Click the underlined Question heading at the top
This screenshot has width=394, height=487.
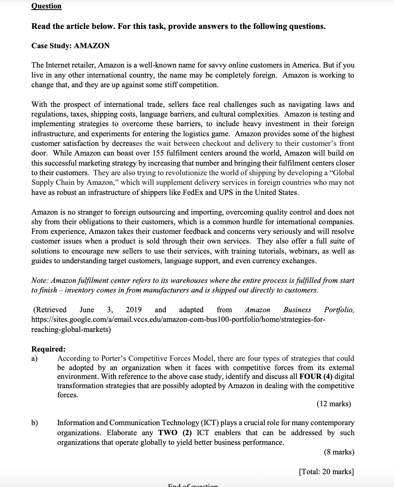point(47,6)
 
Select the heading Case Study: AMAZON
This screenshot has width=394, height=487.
point(70,46)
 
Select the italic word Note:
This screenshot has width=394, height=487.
point(40,280)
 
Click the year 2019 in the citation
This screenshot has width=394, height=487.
point(134,310)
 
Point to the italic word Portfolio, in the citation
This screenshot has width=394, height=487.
point(339,310)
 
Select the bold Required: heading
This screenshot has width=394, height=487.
point(48,349)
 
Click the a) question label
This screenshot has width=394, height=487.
point(35,358)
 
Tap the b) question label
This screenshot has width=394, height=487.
point(35,423)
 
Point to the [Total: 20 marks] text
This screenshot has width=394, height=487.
point(326,471)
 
